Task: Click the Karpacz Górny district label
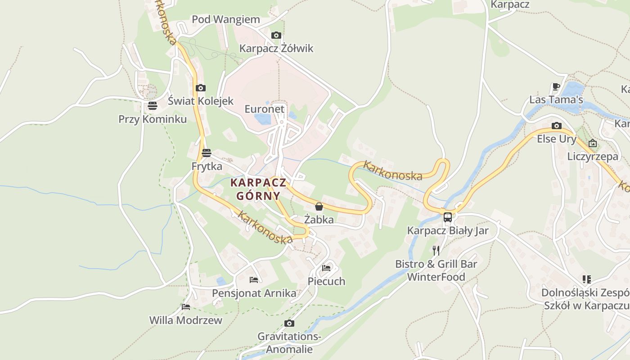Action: (258, 189)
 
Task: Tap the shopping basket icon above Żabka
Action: (319, 207)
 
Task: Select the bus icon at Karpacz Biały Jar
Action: (448, 217)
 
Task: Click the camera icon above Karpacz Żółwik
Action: (276, 35)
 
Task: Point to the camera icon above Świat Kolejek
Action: (201, 88)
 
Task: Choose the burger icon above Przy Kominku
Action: (153, 106)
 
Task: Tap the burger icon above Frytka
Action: (207, 153)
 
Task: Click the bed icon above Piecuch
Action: (326, 268)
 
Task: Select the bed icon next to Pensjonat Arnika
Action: (254, 280)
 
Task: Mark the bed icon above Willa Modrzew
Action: (186, 307)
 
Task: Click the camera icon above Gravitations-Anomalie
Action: (289, 323)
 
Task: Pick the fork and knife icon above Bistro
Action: (436, 250)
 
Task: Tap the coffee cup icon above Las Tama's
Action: (556, 86)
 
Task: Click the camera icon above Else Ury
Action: (557, 126)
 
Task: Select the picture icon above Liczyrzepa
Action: (593, 144)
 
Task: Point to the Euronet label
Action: (265, 109)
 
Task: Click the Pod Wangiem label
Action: (226, 19)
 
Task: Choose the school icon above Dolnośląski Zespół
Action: (586, 279)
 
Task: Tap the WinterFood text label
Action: (436, 277)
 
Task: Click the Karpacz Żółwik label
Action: (276, 48)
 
